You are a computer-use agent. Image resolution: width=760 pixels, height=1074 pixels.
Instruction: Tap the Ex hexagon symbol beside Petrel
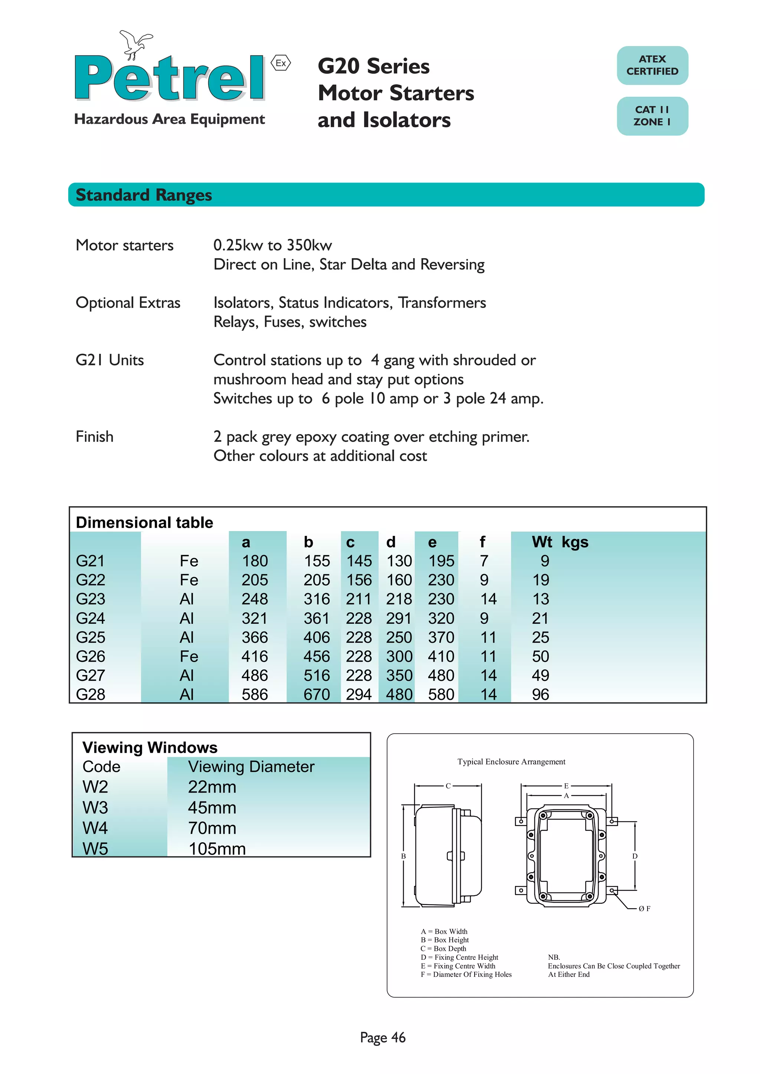tap(281, 63)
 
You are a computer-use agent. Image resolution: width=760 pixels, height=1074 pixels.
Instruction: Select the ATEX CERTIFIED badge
tap(652, 66)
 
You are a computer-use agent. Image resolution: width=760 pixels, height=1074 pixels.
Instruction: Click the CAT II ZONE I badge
tap(652, 116)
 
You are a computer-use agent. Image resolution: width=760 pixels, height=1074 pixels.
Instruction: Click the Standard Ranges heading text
tap(144, 195)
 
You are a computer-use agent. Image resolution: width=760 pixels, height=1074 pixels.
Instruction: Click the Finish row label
tap(95, 437)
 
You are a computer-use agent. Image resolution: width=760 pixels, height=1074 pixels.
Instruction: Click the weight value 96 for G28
tap(541, 695)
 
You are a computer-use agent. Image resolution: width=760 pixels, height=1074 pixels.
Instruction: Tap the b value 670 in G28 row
tap(317, 695)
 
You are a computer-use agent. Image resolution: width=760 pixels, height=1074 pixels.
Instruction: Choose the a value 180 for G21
tap(255, 561)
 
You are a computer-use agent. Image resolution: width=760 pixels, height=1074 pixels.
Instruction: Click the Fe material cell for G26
tap(189, 657)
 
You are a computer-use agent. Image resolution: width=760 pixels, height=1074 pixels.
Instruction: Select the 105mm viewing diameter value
tap(217, 849)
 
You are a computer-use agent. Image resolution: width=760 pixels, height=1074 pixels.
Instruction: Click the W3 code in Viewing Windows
tap(95, 808)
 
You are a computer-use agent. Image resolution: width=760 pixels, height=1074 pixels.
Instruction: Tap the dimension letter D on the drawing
tap(635, 856)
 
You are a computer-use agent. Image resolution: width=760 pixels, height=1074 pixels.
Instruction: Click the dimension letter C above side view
tap(448, 786)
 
